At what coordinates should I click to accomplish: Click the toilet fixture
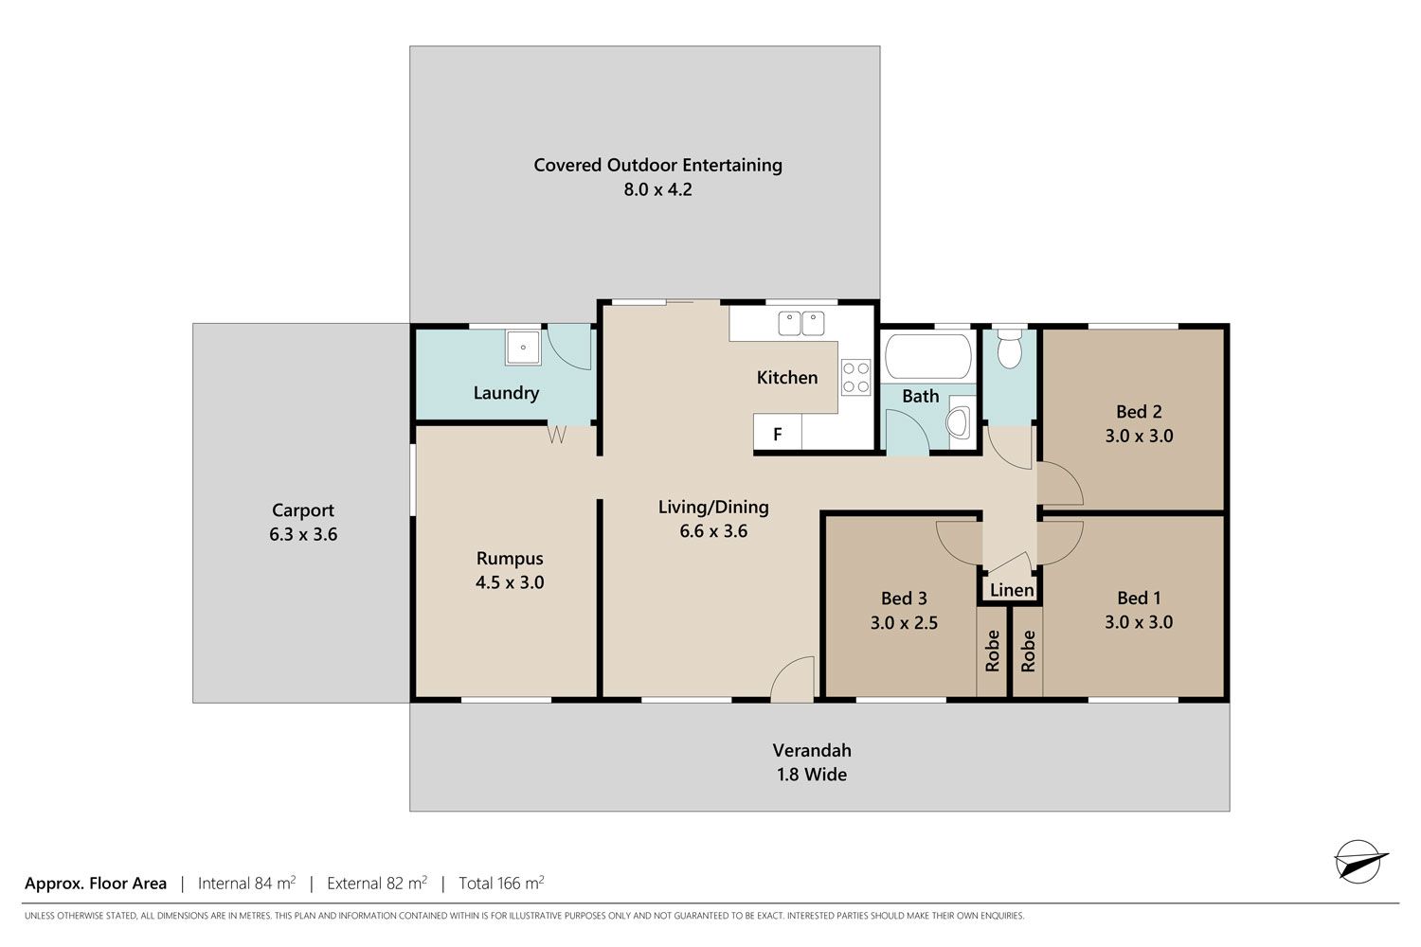tap(1009, 348)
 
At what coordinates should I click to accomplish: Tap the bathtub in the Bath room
tap(928, 357)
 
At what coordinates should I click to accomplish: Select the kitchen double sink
tap(801, 324)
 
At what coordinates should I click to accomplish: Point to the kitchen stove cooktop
tap(855, 378)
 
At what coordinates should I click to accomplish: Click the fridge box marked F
tap(777, 433)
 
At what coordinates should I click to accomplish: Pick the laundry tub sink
tap(523, 348)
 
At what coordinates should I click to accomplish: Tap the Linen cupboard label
tap(1012, 591)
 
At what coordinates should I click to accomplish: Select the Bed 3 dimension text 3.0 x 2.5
tap(904, 623)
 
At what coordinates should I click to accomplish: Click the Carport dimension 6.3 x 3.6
tap(303, 535)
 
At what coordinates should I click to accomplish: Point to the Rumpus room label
tap(510, 559)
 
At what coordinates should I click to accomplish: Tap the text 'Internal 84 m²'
tap(246, 883)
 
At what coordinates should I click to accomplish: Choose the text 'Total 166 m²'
tap(501, 883)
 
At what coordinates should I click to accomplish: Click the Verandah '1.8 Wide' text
tap(812, 775)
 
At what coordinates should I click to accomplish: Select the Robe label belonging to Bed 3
tap(992, 652)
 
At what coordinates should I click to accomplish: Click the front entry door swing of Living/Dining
tap(792, 679)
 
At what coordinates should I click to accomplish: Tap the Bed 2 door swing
tap(1060, 483)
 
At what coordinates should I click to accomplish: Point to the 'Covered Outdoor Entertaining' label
tap(657, 166)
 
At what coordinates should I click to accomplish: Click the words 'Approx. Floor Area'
tap(96, 884)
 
